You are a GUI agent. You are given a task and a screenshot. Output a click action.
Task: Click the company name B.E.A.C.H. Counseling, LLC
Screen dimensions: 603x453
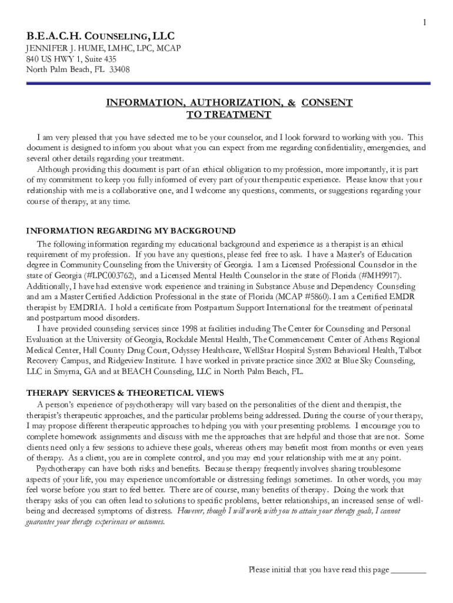click(100, 36)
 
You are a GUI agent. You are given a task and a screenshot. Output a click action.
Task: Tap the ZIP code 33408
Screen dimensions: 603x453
click(119, 69)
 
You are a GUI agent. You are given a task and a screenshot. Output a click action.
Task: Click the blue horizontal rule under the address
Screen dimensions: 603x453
click(228, 84)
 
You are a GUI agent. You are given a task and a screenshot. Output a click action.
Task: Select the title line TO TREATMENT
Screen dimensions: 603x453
click(228, 115)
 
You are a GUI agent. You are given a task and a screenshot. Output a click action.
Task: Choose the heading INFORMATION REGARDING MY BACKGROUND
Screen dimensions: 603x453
click(131, 231)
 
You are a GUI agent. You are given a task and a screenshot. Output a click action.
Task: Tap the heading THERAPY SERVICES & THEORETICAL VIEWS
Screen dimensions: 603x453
click(125, 393)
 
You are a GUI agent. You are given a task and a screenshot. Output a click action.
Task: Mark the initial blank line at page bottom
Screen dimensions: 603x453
click(408, 570)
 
